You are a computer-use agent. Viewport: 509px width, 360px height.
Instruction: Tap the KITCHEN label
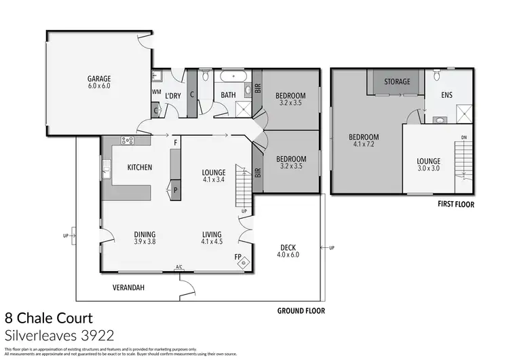point(139,167)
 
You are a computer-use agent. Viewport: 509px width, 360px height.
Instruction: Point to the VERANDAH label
point(128,287)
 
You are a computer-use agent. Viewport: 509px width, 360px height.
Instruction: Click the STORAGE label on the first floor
point(397,82)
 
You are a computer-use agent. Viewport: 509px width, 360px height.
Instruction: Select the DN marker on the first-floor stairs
point(464,137)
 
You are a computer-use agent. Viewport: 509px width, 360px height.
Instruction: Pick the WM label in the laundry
point(155,92)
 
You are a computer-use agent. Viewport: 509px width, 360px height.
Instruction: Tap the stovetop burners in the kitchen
point(126,141)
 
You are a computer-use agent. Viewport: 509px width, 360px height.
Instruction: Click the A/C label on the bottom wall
point(179,267)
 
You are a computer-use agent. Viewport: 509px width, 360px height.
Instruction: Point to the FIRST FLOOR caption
point(455,204)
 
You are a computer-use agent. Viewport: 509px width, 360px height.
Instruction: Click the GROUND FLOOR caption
point(301,310)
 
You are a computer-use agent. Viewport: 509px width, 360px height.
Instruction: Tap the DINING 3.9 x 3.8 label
point(145,237)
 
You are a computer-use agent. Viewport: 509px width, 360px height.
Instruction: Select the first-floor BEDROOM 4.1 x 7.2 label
point(363,141)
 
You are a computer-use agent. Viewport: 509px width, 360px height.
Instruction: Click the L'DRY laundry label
point(174,96)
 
